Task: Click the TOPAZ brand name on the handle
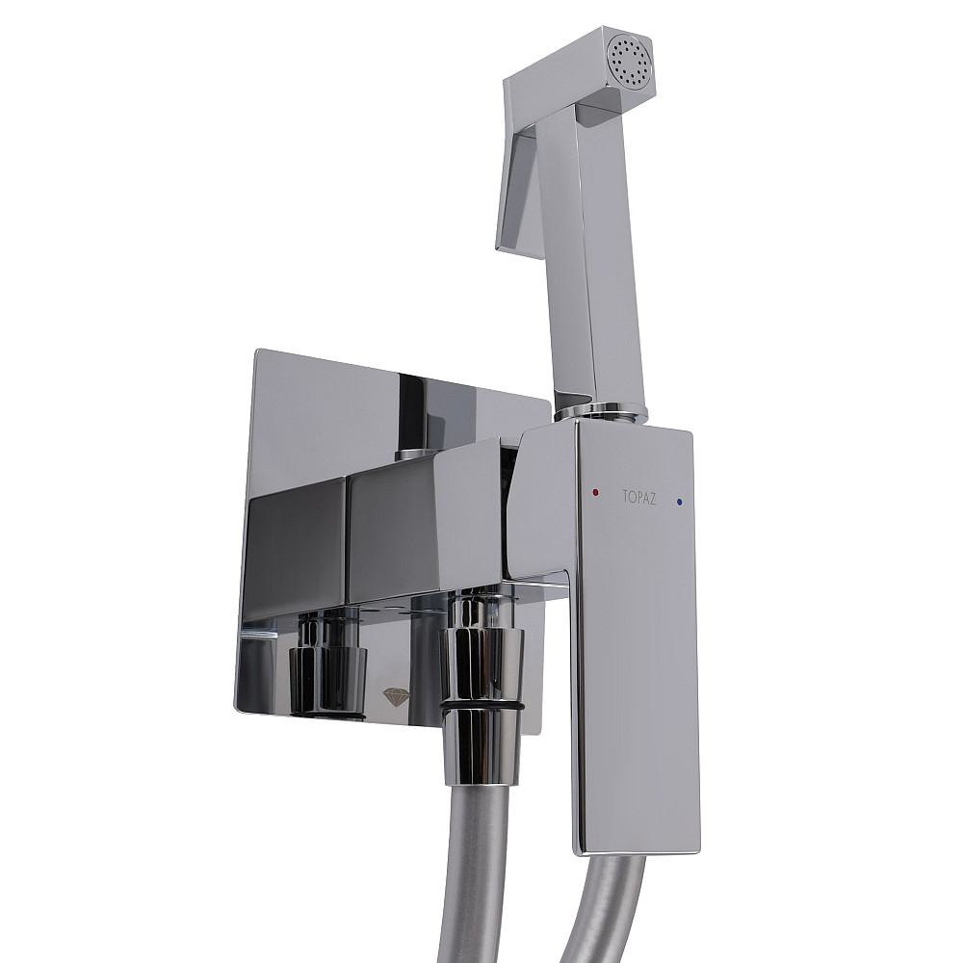(x=638, y=497)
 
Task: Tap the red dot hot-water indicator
(x=596, y=492)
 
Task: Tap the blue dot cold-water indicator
(x=680, y=502)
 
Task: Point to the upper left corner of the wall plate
(x=258, y=352)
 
